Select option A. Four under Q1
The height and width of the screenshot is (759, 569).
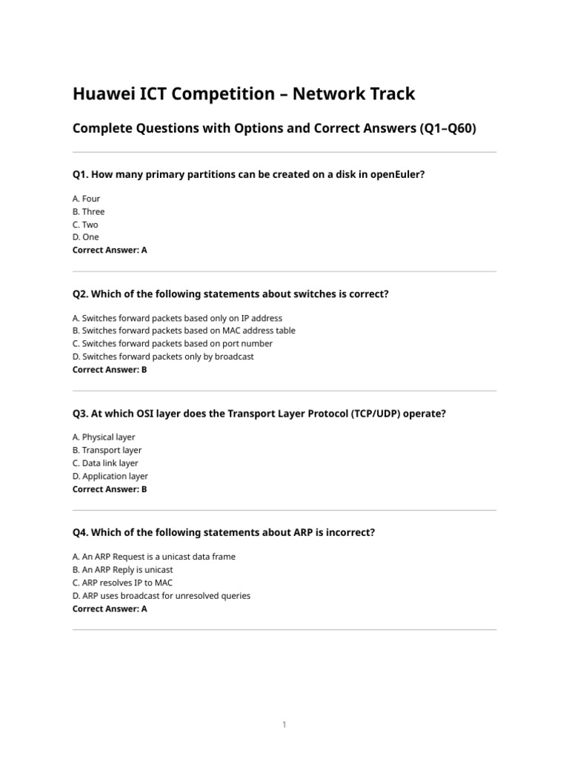coord(87,199)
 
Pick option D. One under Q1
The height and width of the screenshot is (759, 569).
coord(86,237)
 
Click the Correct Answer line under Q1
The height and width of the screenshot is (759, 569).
coord(110,250)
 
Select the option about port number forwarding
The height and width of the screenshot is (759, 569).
coord(173,343)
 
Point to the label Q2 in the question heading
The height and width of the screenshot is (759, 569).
coord(79,294)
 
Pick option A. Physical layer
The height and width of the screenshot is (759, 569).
coord(104,437)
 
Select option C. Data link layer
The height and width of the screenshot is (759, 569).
coord(105,463)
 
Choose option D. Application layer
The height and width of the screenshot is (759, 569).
coord(110,476)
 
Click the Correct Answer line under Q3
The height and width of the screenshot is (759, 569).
coord(110,489)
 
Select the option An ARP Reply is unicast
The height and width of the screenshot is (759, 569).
coord(123,569)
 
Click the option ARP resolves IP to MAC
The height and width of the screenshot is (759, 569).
coord(122,583)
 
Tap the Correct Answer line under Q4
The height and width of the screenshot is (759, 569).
coord(110,609)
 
